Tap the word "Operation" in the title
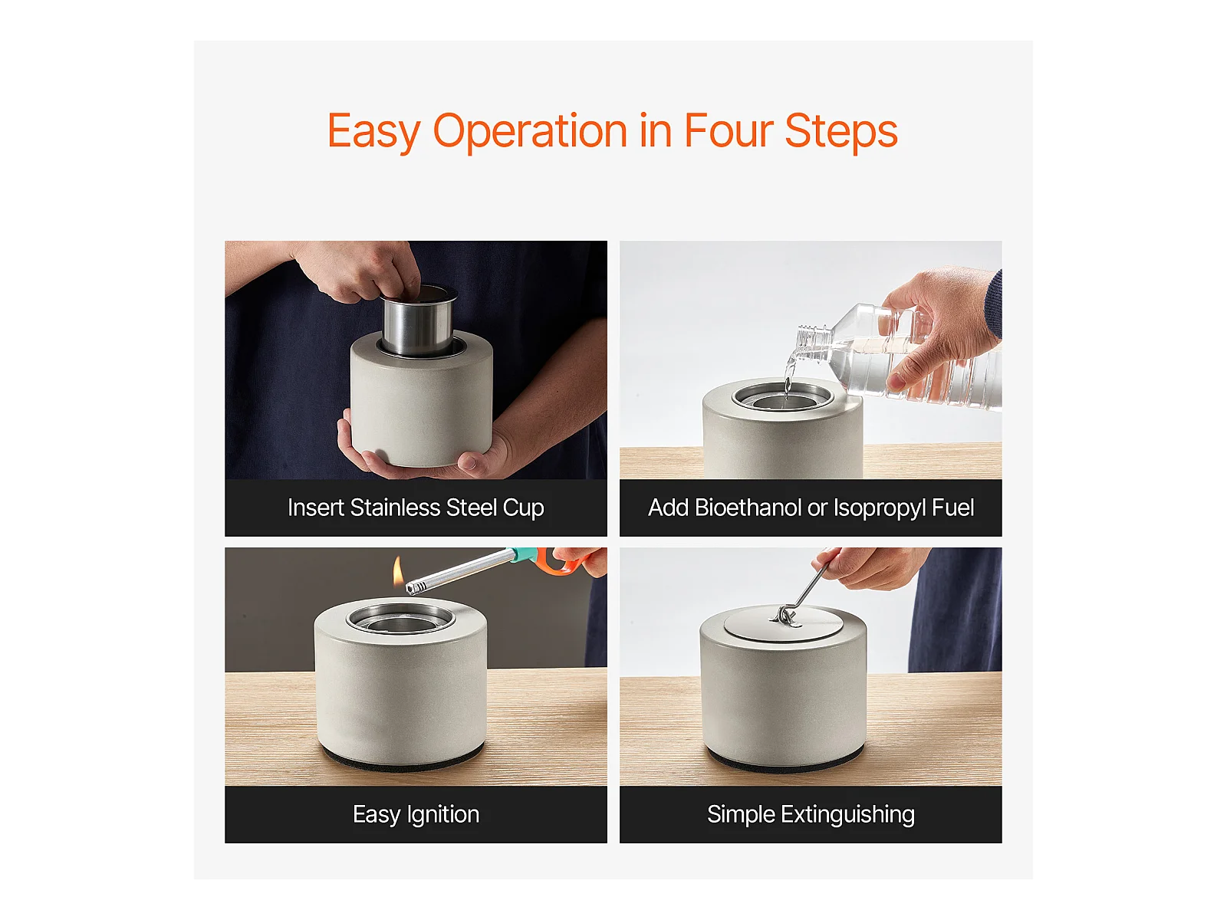pyautogui.click(x=530, y=132)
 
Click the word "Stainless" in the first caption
pyautogui.click(x=395, y=508)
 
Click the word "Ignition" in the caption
pyautogui.click(x=443, y=815)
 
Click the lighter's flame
pyautogui.click(x=397, y=570)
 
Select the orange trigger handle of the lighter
pyautogui.click(x=559, y=561)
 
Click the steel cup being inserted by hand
pyautogui.click(x=417, y=322)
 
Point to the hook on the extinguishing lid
pyautogui.click(x=785, y=616)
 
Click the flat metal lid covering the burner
pyautogui.click(x=783, y=622)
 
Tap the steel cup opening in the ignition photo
pyautogui.click(x=400, y=619)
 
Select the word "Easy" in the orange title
pyautogui.click(x=373, y=132)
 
